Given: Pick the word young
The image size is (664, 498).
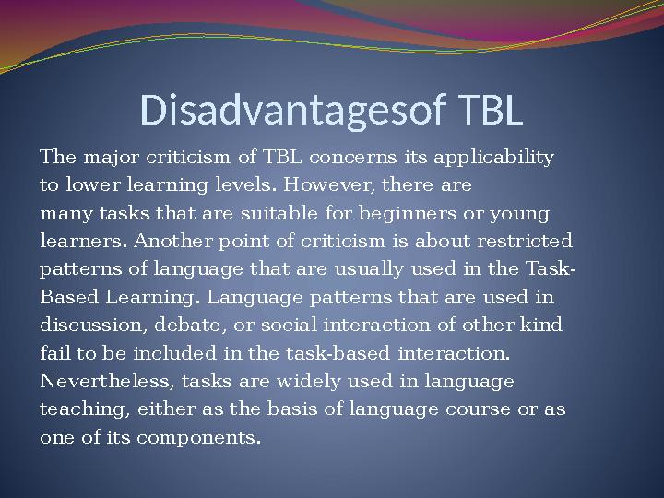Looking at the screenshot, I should (519, 214).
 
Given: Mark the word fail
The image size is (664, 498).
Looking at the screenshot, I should (53, 353).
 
